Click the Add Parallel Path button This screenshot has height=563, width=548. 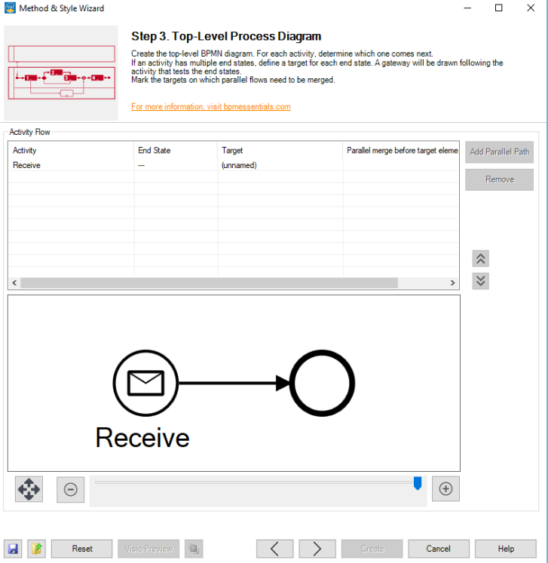pyautogui.click(x=499, y=151)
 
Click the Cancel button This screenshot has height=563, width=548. pyautogui.click(x=438, y=549)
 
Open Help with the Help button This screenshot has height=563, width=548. pyautogui.click(x=505, y=549)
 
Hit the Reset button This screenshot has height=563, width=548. pyautogui.click(x=82, y=549)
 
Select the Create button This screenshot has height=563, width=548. pyautogui.click(x=372, y=549)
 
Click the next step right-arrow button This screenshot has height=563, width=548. pyautogui.click(x=317, y=549)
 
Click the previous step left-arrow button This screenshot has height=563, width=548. pyautogui.click(x=275, y=549)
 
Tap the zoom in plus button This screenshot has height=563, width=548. pyautogui.click(x=445, y=489)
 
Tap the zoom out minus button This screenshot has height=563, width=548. pyautogui.click(x=71, y=489)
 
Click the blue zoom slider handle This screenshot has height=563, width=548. pyautogui.click(x=418, y=483)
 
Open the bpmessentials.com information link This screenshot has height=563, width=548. pyautogui.click(x=211, y=107)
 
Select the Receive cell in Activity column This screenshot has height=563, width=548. pyautogui.click(x=27, y=165)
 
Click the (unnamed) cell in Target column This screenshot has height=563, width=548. pyautogui.click(x=239, y=165)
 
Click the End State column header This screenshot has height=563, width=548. pyautogui.click(x=154, y=151)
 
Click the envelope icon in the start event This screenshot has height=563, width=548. pyautogui.click(x=145, y=384)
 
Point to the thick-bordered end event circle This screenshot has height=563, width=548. pyautogui.click(x=322, y=384)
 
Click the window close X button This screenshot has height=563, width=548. pyautogui.click(x=531, y=8)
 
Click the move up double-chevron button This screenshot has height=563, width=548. pyautogui.click(x=480, y=259)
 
